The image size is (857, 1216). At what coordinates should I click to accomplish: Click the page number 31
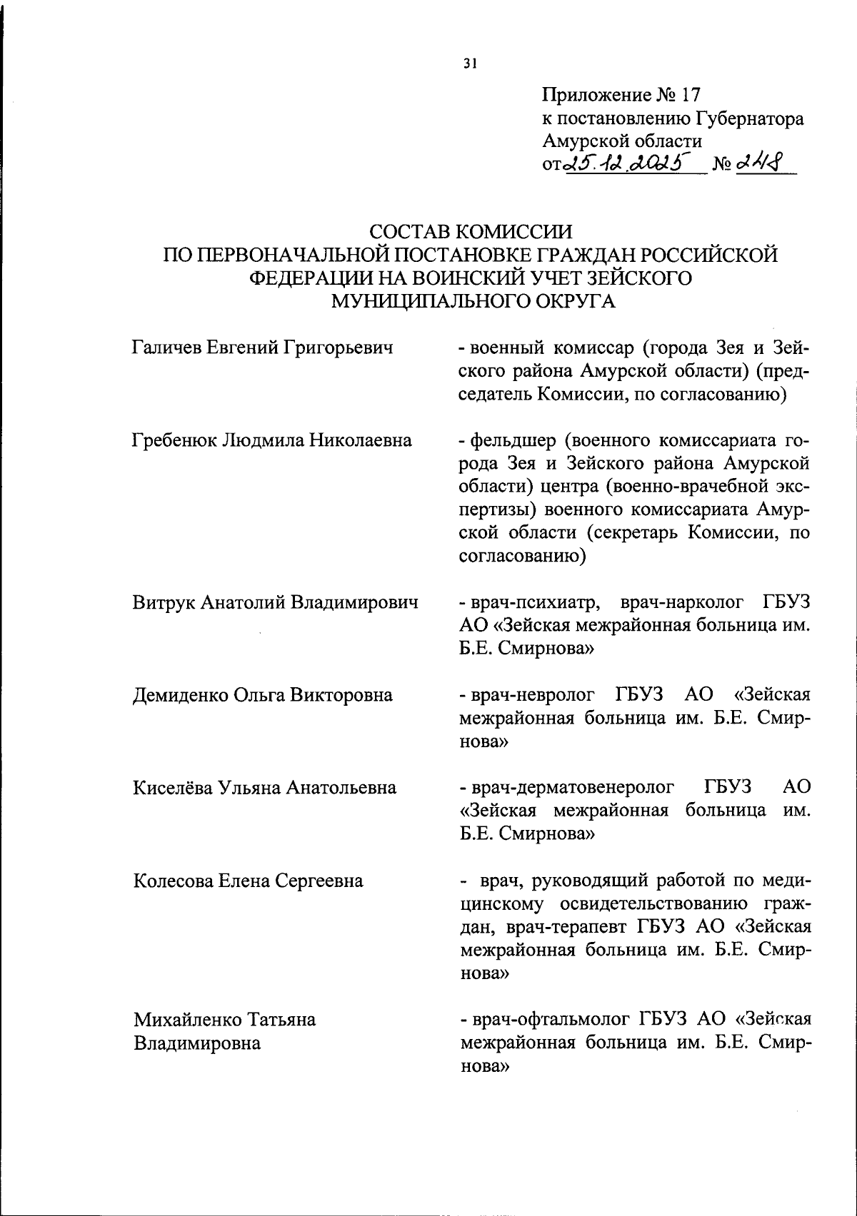[469, 64]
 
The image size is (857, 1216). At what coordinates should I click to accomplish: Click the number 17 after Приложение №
[690, 95]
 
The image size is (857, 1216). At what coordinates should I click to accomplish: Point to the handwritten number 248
[756, 163]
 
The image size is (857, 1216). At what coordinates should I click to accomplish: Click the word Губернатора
[746, 118]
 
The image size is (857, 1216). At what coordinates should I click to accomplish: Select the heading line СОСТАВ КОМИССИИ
[471, 232]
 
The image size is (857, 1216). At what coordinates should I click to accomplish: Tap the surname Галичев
[168, 348]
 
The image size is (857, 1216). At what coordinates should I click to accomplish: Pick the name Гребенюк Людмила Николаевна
[272, 440]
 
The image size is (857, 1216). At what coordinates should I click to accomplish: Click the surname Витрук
[164, 602]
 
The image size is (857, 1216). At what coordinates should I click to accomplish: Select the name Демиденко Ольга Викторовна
[262, 694]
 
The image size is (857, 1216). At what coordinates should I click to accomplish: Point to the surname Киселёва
[172, 787]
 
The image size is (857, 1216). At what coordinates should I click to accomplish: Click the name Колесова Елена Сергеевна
[248, 881]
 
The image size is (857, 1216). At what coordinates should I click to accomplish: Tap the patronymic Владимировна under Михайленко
[196, 1043]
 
